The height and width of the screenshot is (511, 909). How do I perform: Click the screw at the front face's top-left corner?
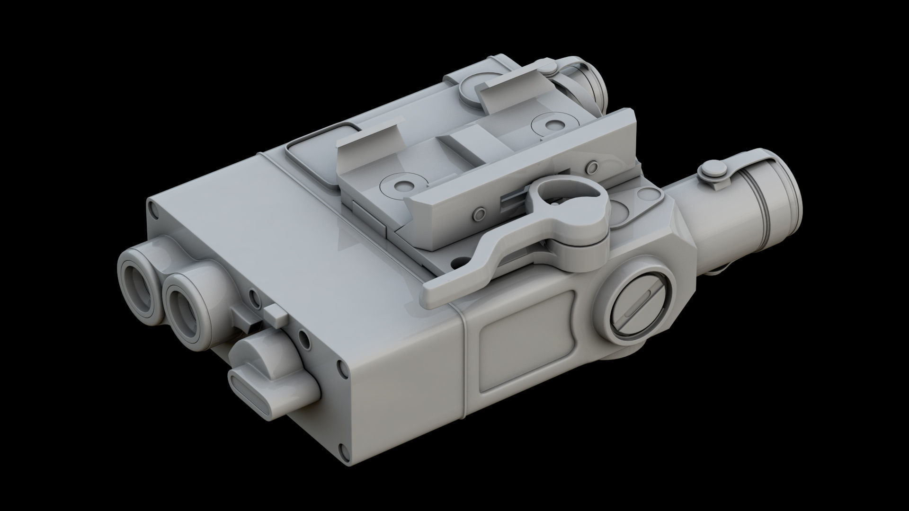pyautogui.click(x=151, y=209)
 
